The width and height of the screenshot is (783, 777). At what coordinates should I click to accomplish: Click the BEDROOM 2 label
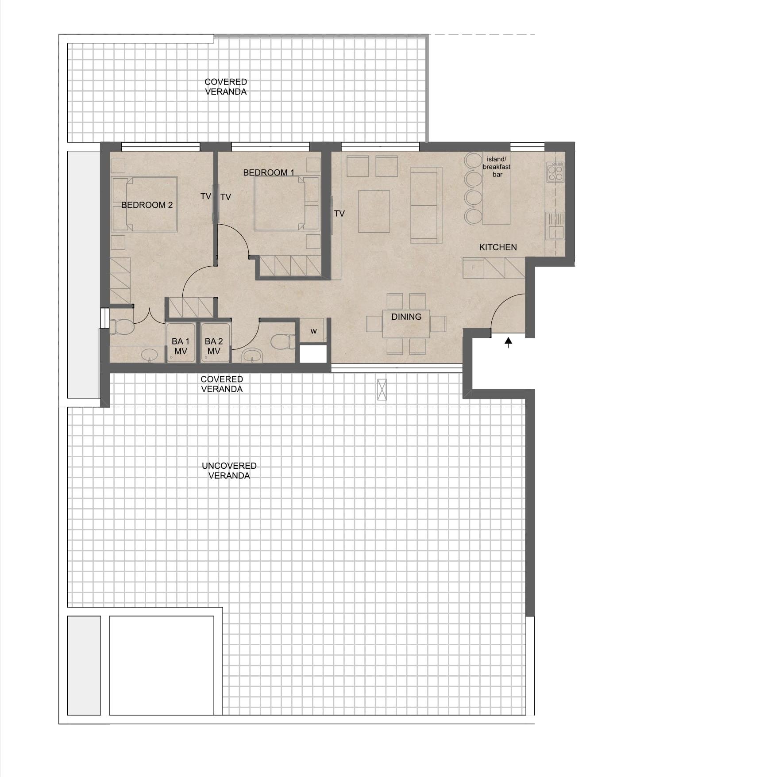[x=147, y=205]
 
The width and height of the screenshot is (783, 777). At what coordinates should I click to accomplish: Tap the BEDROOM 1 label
[x=269, y=172]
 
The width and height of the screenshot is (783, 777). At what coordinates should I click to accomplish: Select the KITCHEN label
[x=498, y=247]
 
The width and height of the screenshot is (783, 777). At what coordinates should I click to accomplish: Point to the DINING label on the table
[x=406, y=317]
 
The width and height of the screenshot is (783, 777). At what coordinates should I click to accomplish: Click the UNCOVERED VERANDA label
[x=229, y=471]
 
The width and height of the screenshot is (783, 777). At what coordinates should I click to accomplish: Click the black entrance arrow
[x=509, y=342]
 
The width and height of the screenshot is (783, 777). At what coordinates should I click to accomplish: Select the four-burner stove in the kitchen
[x=555, y=172]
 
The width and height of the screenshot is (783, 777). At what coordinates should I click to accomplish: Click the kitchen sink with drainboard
[x=555, y=226]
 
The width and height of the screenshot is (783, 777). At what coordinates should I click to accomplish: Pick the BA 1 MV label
[x=181, y=346]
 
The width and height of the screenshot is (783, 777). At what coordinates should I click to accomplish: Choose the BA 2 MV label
[x=214, y=346]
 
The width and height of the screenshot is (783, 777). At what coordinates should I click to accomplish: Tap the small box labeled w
[x=313, y=330]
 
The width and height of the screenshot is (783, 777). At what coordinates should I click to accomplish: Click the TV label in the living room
[x=339, y=214]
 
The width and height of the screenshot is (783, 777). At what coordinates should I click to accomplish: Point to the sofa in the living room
[x=426, y=205]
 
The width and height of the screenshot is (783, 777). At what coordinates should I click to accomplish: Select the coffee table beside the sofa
[x=374, y=211]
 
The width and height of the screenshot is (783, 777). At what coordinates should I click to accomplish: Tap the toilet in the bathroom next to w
[x=282, y=341]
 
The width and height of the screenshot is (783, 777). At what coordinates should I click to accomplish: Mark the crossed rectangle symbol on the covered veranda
[x=382, y=390]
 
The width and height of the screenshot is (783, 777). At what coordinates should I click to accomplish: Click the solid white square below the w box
[x=313, y=354]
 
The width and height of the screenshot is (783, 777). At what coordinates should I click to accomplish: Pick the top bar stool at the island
[x=473, y=160]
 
